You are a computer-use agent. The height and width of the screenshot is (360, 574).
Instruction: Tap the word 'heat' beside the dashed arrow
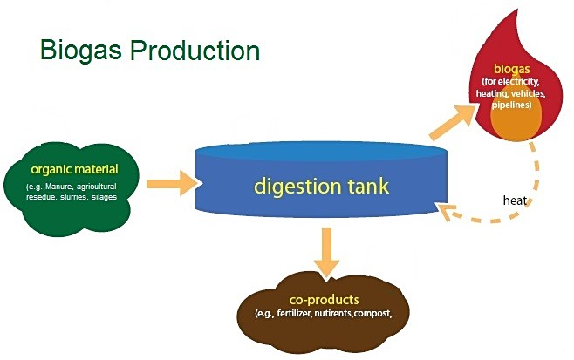(x=515, y=200)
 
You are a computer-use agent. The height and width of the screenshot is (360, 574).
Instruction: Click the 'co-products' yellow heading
(x=331, y=300)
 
